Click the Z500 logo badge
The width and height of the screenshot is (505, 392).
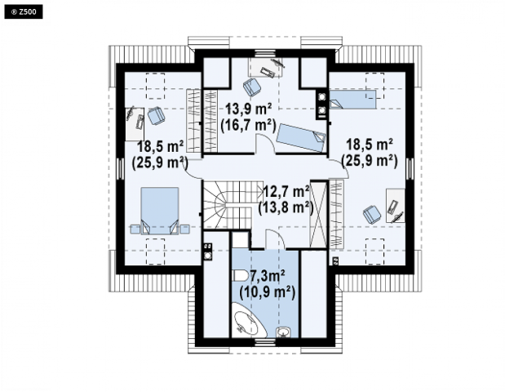[24, 12]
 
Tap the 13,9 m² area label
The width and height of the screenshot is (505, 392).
[248, 109]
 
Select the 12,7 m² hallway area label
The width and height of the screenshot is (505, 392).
[286, 192]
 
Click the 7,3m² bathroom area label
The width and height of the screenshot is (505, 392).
[268, 276]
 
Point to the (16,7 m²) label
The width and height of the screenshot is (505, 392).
[248, 126]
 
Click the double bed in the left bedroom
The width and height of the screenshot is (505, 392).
[160, 211]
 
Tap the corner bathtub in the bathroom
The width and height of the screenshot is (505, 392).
[249, 320]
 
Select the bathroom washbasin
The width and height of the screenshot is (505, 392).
[283, 332]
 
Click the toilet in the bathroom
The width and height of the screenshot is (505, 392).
[239, 275]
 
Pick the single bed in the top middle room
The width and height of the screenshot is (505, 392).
[301, 138]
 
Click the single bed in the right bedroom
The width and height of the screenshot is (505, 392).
[352, 99]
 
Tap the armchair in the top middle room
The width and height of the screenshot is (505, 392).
[252, 87]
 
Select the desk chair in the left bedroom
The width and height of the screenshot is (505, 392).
[156, 115]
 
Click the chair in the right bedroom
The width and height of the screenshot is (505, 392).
[372, 214]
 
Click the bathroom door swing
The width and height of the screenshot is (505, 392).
[275, 238]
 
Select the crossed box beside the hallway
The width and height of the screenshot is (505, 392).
[318, 214]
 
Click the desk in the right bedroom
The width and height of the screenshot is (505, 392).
[396, 206]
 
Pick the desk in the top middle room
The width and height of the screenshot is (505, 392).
[266, 67]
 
